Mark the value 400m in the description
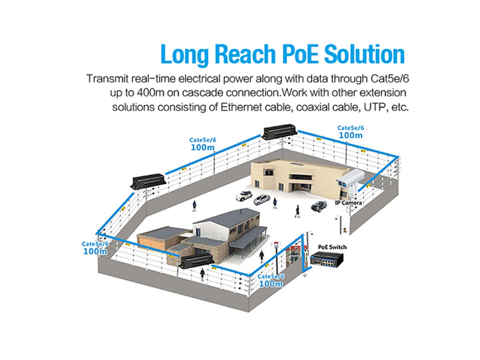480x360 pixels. click(x=148, y=93)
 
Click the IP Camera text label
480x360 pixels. click(x=348, y=203)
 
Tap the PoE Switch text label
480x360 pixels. click(x=332, y=247)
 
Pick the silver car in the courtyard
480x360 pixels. click(x=262, y=199)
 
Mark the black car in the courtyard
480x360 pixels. click(x=319, y=206)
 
